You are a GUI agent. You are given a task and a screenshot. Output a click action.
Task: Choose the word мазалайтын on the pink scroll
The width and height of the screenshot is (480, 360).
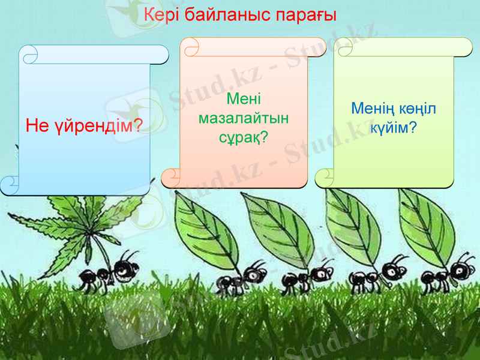(x=243, y=118)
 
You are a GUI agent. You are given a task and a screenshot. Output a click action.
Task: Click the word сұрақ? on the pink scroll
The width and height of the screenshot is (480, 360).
(x=243, y=137)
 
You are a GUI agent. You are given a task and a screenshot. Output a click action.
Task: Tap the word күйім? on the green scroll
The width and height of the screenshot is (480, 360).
(x=394, y=127)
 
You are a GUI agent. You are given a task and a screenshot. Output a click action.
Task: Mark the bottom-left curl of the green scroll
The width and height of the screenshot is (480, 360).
(x=325, y=177)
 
